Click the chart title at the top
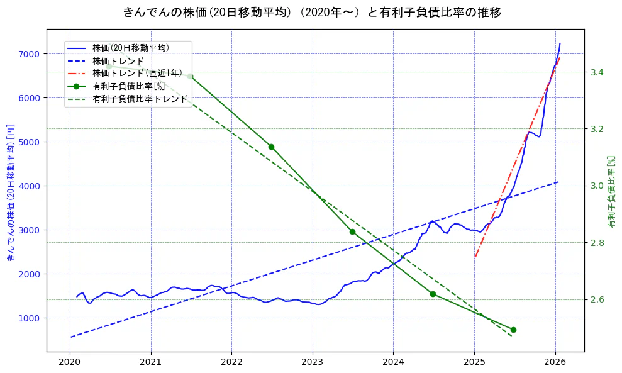pyautogui.click(x=312, y=12)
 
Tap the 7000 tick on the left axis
pyautogui.click(x=29, y=54)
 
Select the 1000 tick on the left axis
pyautogui.click(x=29, y=318)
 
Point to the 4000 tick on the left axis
pyautogui.click(x=29, y=186)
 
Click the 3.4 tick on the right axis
pyautogui.click(x=597, y=72)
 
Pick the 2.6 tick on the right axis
pyautogui.click(x=597, y=299)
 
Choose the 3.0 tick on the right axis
pyautogui.click(x=597, y=186)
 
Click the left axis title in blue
pyautogui.click(x=10, y=192)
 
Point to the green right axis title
pyautogui.click(x=611, y=192)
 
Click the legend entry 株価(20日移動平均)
pyautogui.click(x=130, y=47)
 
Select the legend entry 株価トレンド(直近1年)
pyautogui.click(x=137, y=73)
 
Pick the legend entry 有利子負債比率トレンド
pyautogui.click(x=140, y=99)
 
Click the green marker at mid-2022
pyautogui.click(x=271, y=147)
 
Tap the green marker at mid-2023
pyautogui.click(x=352, y=231)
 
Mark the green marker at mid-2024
pyautogui.click(x=433, y=294)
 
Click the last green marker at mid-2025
pyautogui.click(x=513, y=330)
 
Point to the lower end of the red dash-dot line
pyautogui.click(x=475, y=257)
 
